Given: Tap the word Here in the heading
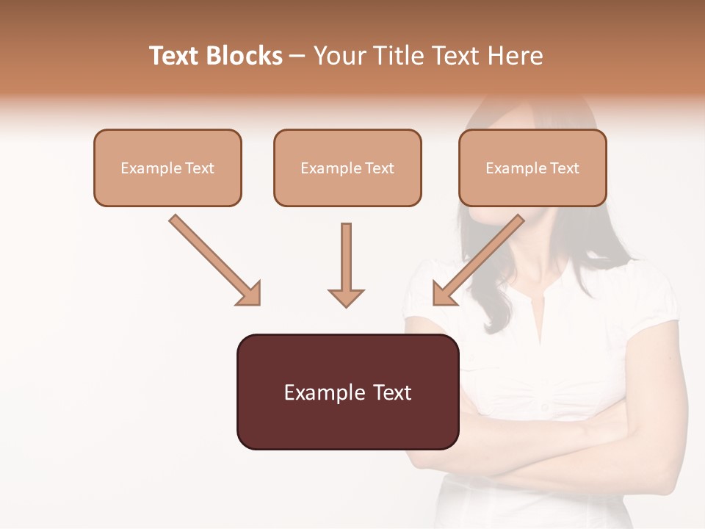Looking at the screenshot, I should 517,56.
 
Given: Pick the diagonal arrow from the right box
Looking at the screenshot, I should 478,261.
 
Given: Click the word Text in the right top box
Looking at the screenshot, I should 564,168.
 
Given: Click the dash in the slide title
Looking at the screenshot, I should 297,56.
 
